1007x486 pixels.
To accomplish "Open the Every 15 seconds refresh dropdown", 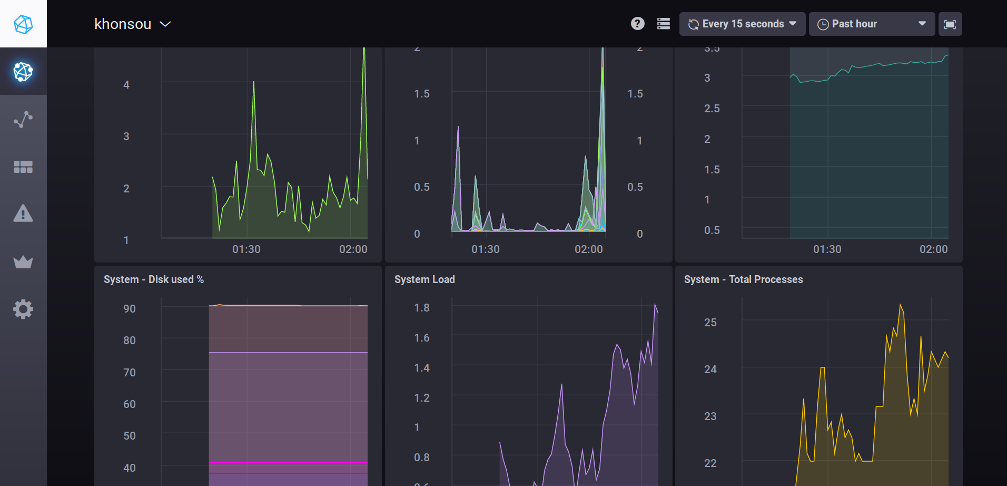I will (742, 24).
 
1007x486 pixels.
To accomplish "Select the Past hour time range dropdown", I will (871, 24).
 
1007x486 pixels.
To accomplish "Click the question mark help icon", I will (637, 24).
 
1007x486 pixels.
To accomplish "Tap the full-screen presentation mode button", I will (950, 24).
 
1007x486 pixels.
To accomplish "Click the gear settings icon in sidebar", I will (23, 309).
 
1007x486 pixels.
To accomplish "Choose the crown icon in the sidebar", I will (23, 262).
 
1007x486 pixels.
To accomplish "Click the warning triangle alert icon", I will (23, 214).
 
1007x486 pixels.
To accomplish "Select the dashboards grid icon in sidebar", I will (23, 167).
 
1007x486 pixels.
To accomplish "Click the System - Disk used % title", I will (154, 279).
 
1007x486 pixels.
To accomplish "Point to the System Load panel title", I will (424, 279).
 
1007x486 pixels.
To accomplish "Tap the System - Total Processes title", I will (743, 279).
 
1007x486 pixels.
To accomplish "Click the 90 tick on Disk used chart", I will (130, 309).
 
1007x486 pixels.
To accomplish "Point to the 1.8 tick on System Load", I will (421, 308).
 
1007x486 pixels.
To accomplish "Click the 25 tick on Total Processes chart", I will (710, 323).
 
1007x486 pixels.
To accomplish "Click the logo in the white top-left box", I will (23, 24).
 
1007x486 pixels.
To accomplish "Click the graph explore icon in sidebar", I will (23, 120).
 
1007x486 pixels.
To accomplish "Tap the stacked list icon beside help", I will (664, 24).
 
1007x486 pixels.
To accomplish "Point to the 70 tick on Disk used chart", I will (130, 373).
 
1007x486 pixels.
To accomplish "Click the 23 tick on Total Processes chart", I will (710, 416).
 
